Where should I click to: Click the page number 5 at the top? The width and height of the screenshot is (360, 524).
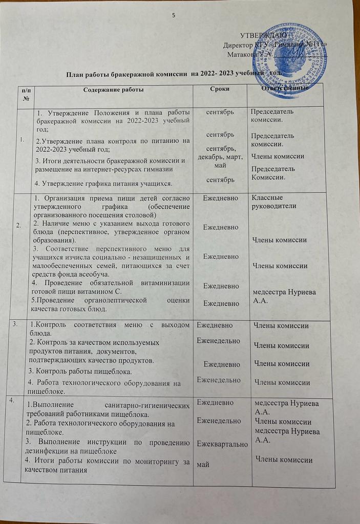click(174, 15)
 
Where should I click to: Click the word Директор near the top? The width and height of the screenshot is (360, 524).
click(239, 45)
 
